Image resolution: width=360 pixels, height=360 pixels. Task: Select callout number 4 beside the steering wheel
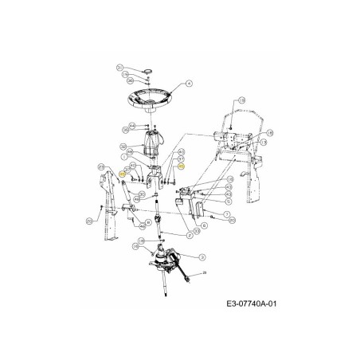(x=190, y=83)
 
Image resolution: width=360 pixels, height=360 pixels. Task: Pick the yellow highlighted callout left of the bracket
(x=122, y=173)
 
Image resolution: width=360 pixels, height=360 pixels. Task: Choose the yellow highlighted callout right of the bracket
(x=182, y=167)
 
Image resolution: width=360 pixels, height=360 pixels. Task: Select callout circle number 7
(x=226, y=215)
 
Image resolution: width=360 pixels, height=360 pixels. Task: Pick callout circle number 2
(x=189, y=237)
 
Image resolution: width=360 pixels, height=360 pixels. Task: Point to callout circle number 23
(x=101, y=166)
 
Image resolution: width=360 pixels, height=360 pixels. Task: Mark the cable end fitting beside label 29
(x=188, y=281)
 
